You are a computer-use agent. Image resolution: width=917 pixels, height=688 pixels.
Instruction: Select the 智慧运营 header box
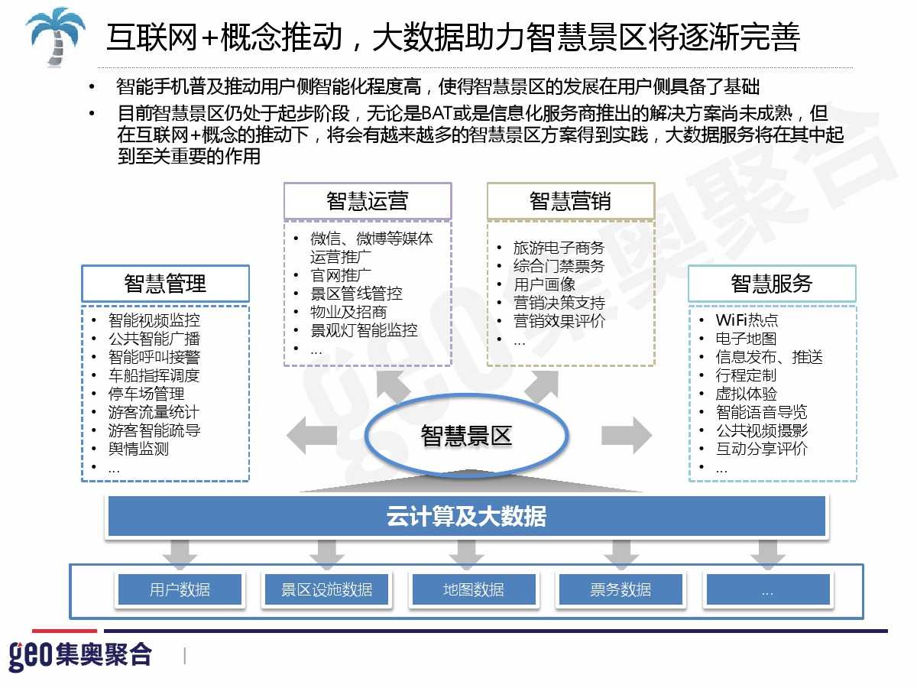point(368,201)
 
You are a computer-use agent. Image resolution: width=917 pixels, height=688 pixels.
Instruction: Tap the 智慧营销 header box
point(571,201)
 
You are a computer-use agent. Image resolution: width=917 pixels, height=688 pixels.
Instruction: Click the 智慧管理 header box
point(165,284)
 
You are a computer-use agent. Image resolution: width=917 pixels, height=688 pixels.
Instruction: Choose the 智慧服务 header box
point(772,284)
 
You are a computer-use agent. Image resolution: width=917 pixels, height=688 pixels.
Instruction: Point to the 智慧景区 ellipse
point(466,436)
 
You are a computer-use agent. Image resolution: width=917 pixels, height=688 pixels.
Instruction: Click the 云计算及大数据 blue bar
point(466,517)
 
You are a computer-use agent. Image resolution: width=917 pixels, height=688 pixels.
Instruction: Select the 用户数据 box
point(180,589)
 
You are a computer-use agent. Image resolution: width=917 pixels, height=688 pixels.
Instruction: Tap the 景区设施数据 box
point(327,589)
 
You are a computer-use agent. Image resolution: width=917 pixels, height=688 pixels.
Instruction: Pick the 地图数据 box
point(474,589)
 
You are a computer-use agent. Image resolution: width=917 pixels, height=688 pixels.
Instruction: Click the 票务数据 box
point(621,589)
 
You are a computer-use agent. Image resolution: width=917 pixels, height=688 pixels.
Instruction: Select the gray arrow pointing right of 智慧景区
point(626,436)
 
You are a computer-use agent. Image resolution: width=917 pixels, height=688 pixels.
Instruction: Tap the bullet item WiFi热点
point(747,320)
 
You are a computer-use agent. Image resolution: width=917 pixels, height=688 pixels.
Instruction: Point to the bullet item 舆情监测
point(138,449)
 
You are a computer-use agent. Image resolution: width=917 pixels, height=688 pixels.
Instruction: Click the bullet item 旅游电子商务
point(559,248)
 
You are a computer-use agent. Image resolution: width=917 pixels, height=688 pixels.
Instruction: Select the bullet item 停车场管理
point(146,394)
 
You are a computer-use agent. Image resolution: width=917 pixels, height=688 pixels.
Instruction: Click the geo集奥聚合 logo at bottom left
point(80,655)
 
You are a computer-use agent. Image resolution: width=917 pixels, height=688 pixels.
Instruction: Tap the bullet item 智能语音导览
point(761,412)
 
